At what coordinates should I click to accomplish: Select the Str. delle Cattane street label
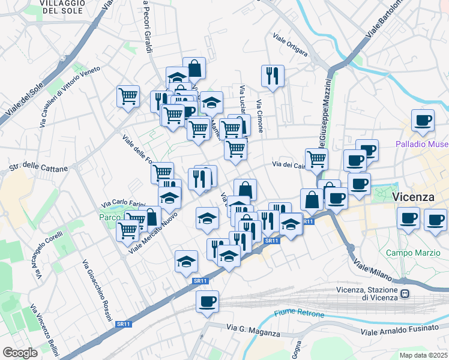pos(38,169)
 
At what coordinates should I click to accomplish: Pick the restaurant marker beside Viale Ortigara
pos(273,76)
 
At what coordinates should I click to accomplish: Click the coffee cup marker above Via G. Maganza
pos(207,301)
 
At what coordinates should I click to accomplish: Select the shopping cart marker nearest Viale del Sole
pos(128,95)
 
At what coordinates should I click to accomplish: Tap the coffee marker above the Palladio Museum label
pos(423,119)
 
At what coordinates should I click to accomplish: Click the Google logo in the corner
pos(20,353)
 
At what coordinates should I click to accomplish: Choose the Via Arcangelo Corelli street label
pos(48,256)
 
